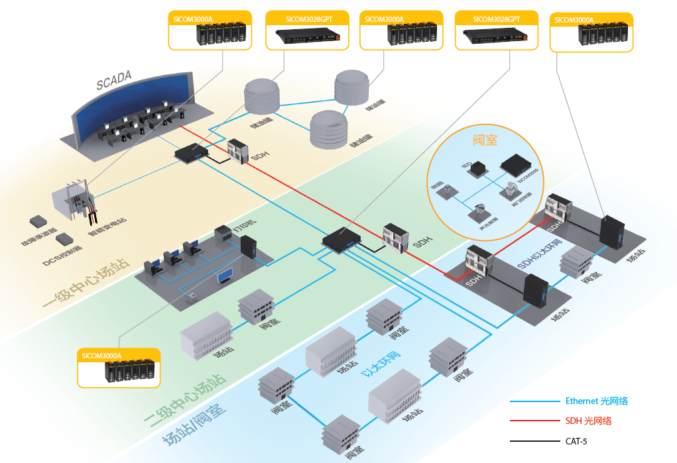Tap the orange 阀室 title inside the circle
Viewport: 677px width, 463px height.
485,140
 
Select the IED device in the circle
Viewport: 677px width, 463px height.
475,171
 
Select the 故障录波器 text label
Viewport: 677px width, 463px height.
40,239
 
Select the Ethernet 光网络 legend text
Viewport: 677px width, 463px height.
596,401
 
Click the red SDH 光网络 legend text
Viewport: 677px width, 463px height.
588,421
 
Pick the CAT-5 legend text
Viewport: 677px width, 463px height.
577,440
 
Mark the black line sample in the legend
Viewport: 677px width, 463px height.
534,441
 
